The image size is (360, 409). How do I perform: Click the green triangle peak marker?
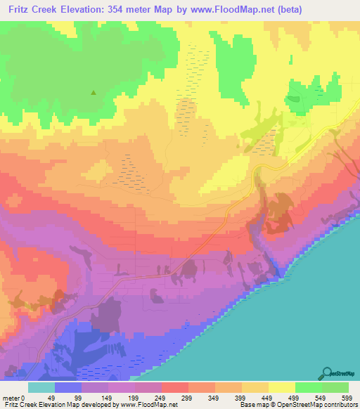pos(93,91)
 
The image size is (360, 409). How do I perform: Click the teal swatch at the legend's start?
pos(41,387)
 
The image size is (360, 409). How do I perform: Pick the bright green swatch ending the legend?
pos(335,387)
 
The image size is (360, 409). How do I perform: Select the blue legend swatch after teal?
pos(67,387)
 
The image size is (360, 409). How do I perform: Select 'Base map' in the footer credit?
pos(252,405)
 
